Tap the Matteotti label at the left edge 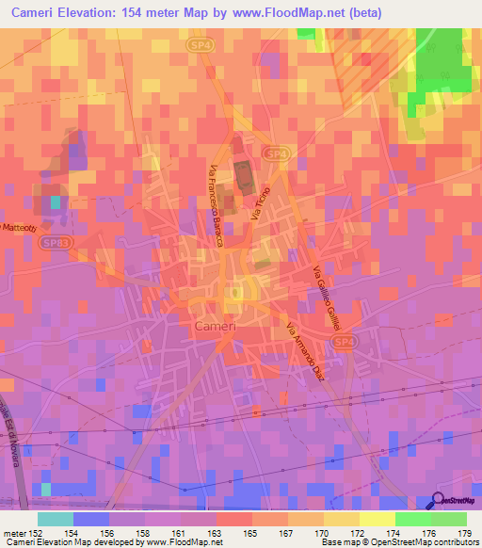click(18, 228)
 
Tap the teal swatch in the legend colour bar click(55, 519)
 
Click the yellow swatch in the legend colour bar click(341, 519)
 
